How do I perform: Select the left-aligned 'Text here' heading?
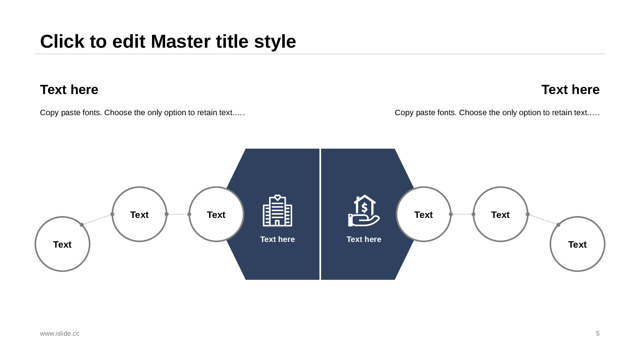69,90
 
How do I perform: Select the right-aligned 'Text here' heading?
570,90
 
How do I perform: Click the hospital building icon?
277,211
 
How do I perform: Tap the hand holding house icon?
364,211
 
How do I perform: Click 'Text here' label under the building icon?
277,239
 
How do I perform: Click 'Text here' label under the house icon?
364,239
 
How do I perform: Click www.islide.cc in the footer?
60,333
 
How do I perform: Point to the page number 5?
598,333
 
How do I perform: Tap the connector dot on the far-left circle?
82,225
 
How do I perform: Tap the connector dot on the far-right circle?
558,225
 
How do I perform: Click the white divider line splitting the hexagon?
320,214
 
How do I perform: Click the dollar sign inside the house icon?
364,208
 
